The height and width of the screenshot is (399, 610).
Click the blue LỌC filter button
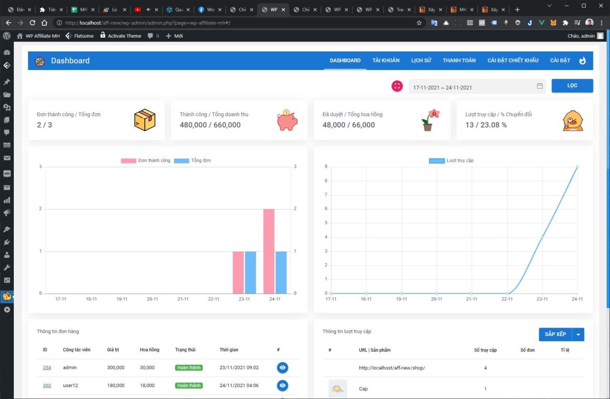click(x=572, y=86)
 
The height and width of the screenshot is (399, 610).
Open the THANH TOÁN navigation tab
click(x=459, y=60)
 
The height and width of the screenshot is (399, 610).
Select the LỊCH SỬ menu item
click(x=421, y=60)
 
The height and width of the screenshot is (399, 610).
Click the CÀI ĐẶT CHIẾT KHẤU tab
click(x=513, y=60)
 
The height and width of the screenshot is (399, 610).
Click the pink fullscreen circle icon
click(x=397, y=86)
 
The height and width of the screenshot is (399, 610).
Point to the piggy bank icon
click(x=287, y=120)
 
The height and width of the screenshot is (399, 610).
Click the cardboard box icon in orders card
click(x=145, y=120)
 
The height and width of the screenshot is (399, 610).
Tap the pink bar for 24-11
click(x=269, y=251)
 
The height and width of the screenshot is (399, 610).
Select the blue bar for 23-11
click(x=250, y=272)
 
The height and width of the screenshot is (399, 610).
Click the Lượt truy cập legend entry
click(x=451, y=160)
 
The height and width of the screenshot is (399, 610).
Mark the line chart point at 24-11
click(x=577, y=167)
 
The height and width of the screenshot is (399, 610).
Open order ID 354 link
click(x=47, y=368)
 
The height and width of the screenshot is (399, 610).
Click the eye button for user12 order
click(x=283, y=386)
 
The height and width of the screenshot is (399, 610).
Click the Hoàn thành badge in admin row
click(x=189, y=368)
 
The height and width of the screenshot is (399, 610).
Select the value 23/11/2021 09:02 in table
click(x=239, y=368)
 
